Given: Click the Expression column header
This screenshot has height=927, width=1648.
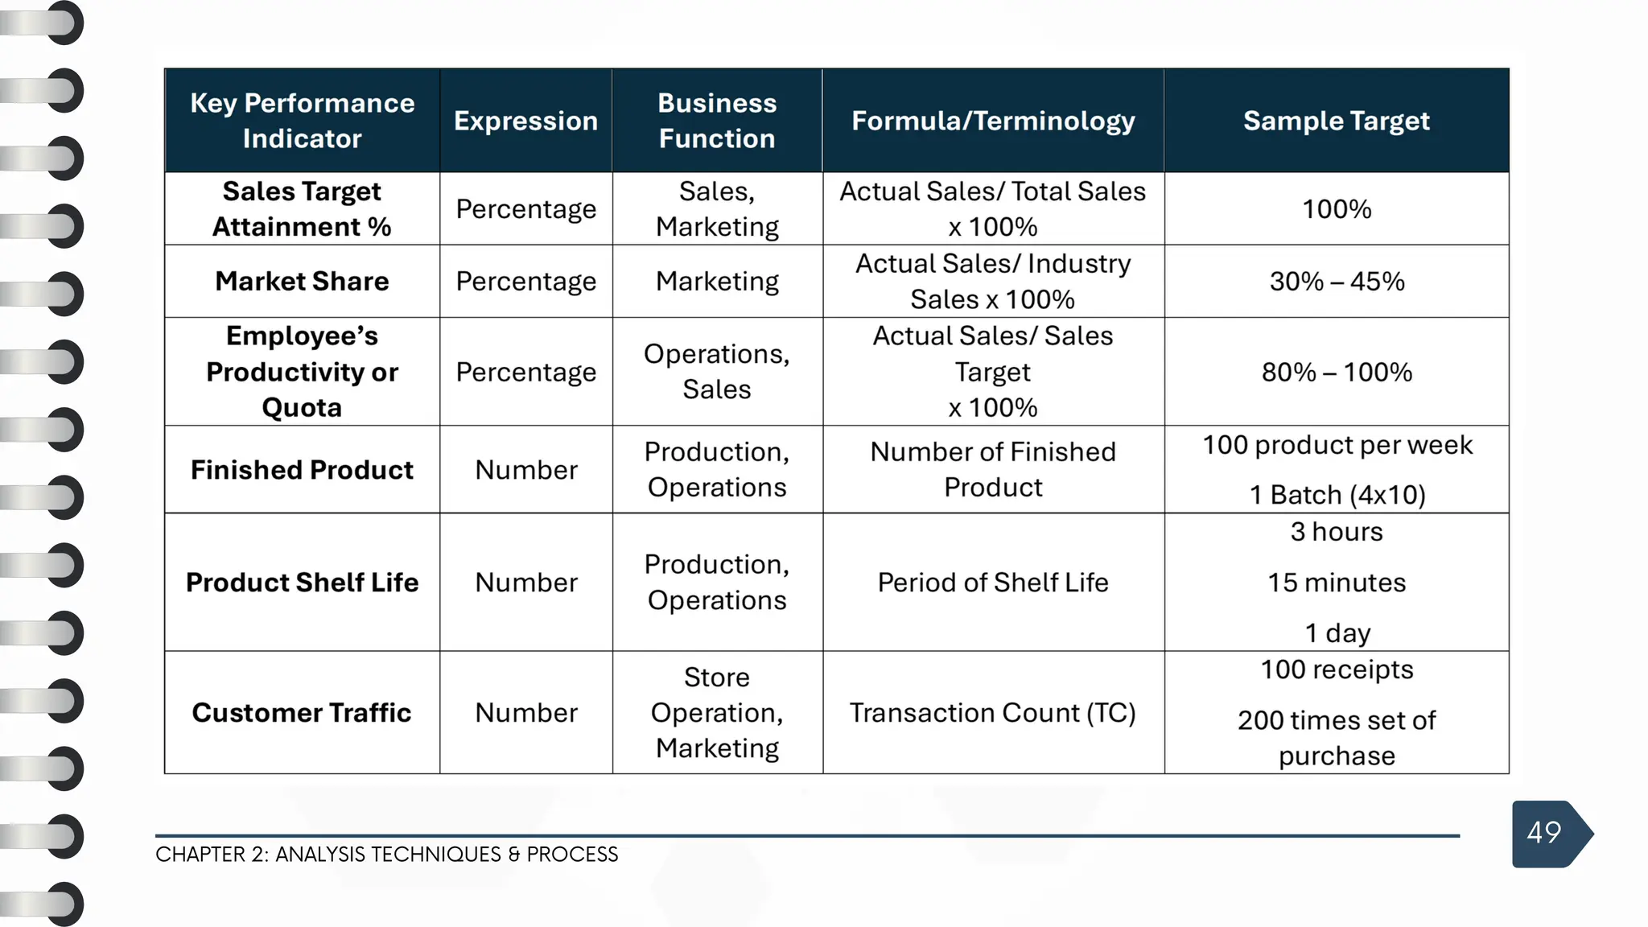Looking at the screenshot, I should tap(525, 121).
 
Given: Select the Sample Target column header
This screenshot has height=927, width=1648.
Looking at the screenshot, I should tap(1336, 121).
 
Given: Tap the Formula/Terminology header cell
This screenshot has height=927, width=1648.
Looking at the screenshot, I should tap(993, 121).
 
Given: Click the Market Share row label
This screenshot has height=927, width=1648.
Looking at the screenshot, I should tap(302, 282).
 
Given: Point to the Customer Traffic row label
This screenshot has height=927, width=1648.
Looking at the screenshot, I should tap(302, 713).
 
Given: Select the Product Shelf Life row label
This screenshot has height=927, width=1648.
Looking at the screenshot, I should tap(302, 583).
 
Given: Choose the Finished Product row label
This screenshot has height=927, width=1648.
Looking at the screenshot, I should tap(302, 470).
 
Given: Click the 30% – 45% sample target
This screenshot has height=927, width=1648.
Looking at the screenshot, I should tap(1337, 282).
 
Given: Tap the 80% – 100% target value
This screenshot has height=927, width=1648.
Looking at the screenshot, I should tap(1337, 373).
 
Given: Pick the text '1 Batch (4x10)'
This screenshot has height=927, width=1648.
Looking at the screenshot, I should tap(1337, 495).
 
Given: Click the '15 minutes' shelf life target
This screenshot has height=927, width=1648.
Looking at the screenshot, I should tap(1337, 583).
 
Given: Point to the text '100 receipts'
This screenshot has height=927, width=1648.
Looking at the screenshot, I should tap(1337, 669).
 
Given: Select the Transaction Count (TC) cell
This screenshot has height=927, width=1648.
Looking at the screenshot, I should tap(992, 713).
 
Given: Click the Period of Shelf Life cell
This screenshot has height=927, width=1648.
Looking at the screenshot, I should tap(992, 583).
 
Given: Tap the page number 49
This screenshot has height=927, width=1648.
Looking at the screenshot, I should tap(1543, 833).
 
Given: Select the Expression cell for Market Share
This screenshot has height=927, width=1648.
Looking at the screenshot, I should tap(525, 282).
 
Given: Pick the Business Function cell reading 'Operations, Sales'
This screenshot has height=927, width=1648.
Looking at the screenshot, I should tap(716, 372).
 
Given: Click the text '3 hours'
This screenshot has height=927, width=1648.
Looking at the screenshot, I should tap(1337, 532).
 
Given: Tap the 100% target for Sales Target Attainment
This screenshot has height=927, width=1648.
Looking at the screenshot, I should tap(1337, 209).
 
